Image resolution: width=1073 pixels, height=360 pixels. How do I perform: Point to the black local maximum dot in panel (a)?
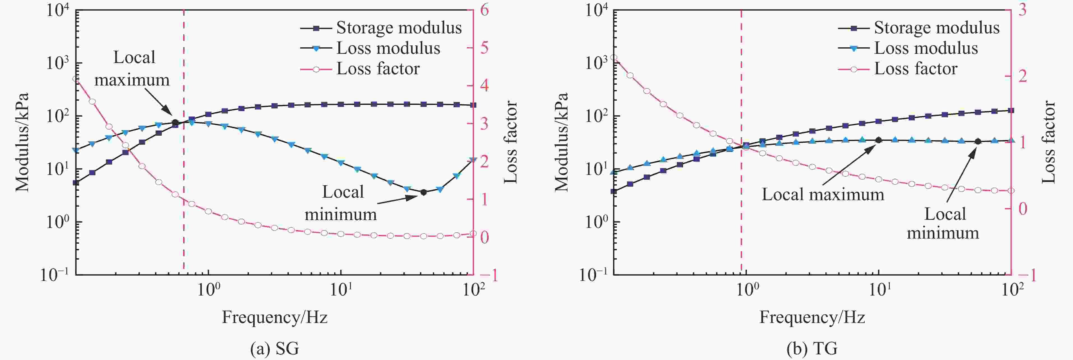(x=175, y=123)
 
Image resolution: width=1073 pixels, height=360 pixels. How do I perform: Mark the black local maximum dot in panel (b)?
(x=878, y=140)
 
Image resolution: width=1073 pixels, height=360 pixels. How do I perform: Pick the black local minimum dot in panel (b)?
(x=978, y=142)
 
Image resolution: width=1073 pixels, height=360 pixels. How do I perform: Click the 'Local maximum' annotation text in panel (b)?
(x=823, y=195)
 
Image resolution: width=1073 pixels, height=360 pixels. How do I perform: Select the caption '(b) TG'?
(x=812, y=348)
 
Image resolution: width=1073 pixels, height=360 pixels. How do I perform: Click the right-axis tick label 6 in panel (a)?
(x=484, y=10)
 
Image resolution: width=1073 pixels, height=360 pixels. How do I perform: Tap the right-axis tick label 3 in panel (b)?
(x=1022, y=10)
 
